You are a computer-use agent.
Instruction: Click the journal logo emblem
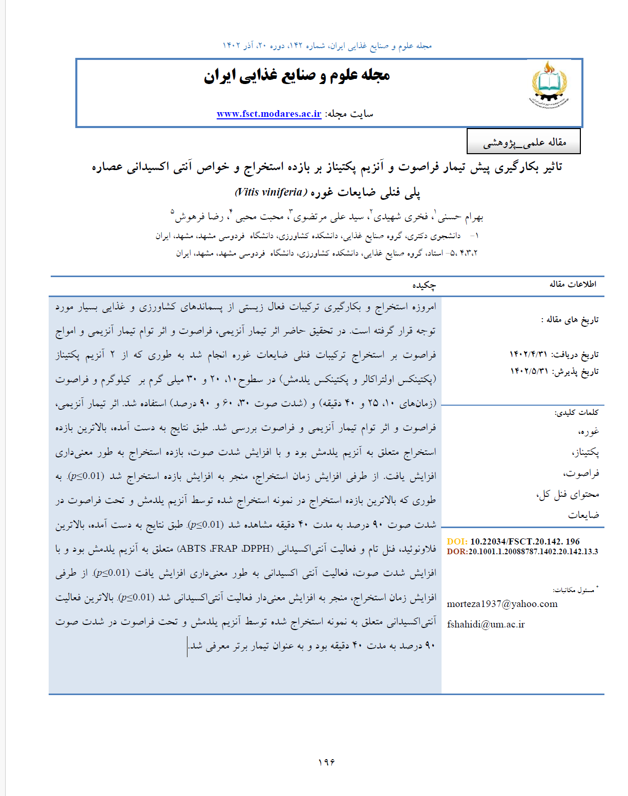click(549, 85)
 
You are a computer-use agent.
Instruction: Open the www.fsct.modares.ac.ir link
click(269, 114)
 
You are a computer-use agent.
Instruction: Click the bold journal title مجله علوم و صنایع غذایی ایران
click(297, 75)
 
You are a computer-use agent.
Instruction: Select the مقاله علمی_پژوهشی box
click(524, 142)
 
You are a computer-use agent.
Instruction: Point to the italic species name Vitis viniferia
click(270, 192)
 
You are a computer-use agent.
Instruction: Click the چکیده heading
click(424, 285)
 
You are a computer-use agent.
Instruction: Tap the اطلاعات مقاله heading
click(573, 284)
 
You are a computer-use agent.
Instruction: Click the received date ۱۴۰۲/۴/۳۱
click(528, 354)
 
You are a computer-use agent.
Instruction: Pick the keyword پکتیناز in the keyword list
click(585, 452)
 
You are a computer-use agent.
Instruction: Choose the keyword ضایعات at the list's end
click(583, 515)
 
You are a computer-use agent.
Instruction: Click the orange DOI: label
click(457, 541)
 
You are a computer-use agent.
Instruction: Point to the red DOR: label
click(457, 552)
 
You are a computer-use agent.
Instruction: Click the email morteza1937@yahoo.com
click(502, 604)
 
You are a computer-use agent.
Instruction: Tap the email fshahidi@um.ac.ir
click(486, 624)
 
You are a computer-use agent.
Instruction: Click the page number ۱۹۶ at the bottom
click(326, 762)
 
